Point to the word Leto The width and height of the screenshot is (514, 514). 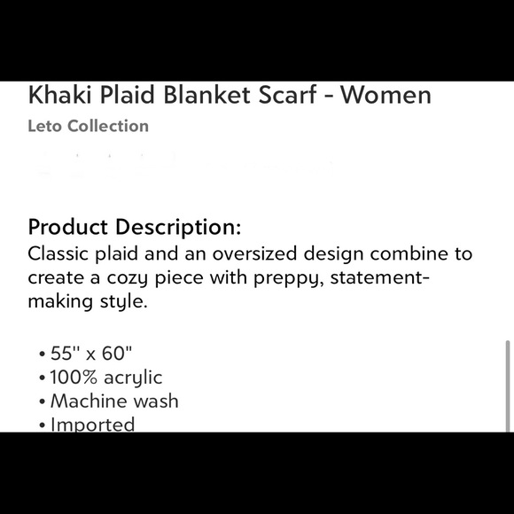pyautogui.click(x=46, y=126)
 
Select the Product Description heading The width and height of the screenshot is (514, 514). pyautogui.click(x=134, y=227)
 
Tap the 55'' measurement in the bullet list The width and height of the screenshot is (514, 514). pyautogui.click(x=66, y=353)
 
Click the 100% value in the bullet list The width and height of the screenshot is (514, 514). pyautogui.click(x=75, y=378)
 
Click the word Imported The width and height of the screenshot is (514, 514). pyautogui.click(x=92, y=424)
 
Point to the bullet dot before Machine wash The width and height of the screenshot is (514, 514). pyautogui.click(x=43, y=402)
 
